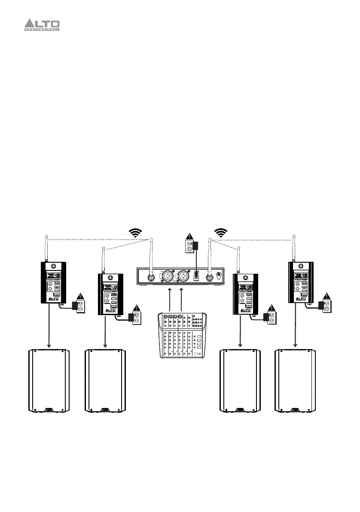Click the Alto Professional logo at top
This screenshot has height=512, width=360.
[x=41, y=25]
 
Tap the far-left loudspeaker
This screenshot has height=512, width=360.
[x=49, y=381]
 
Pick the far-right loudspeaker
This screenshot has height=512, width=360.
[x=295, y=381]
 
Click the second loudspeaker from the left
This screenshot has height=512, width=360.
[x=105, y=381]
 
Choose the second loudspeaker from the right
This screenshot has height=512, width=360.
[x=240, y=381]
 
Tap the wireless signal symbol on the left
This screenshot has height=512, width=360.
[x=136, y=233]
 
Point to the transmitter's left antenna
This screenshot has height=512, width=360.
[x=151, y=254]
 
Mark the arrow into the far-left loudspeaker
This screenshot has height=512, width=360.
[x=49, y=327]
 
